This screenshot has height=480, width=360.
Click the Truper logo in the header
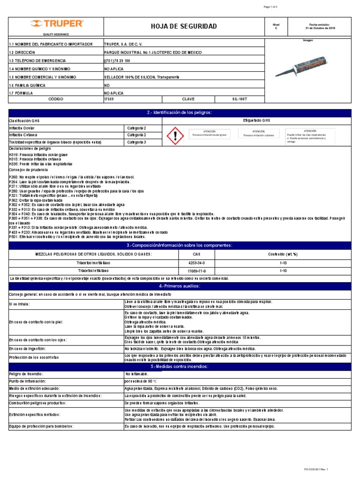pos(57,24)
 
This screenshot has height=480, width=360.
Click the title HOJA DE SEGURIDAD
pos(184,26)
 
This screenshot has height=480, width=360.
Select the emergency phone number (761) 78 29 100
pos(117,61)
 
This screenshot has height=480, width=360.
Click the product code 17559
pos(109,99)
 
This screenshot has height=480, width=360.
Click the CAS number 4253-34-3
pos(196,263)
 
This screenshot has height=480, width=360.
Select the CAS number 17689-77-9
pos(196,271)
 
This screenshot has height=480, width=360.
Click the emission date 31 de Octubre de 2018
pos(320,28)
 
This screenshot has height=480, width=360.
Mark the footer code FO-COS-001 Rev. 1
pos(316,469)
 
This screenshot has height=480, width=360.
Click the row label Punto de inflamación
pos(28,381)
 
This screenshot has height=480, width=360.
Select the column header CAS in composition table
pos(196,255)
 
